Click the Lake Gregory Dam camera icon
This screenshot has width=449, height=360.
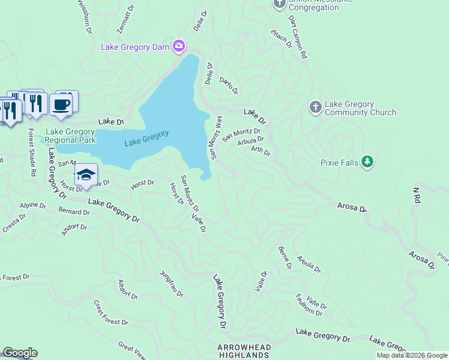click(179, 46)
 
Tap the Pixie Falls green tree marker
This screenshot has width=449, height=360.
click(368, 162)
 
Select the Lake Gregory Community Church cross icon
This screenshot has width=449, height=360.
click(315, 107)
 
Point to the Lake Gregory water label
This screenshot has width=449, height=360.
click(146, 139)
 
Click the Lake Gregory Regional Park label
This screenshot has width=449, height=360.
click(71, 136)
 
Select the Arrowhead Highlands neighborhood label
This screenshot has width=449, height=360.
click(244, 352)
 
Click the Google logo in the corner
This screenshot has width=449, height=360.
click(20, 353)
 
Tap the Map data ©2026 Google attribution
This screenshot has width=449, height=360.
click(412, 355)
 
